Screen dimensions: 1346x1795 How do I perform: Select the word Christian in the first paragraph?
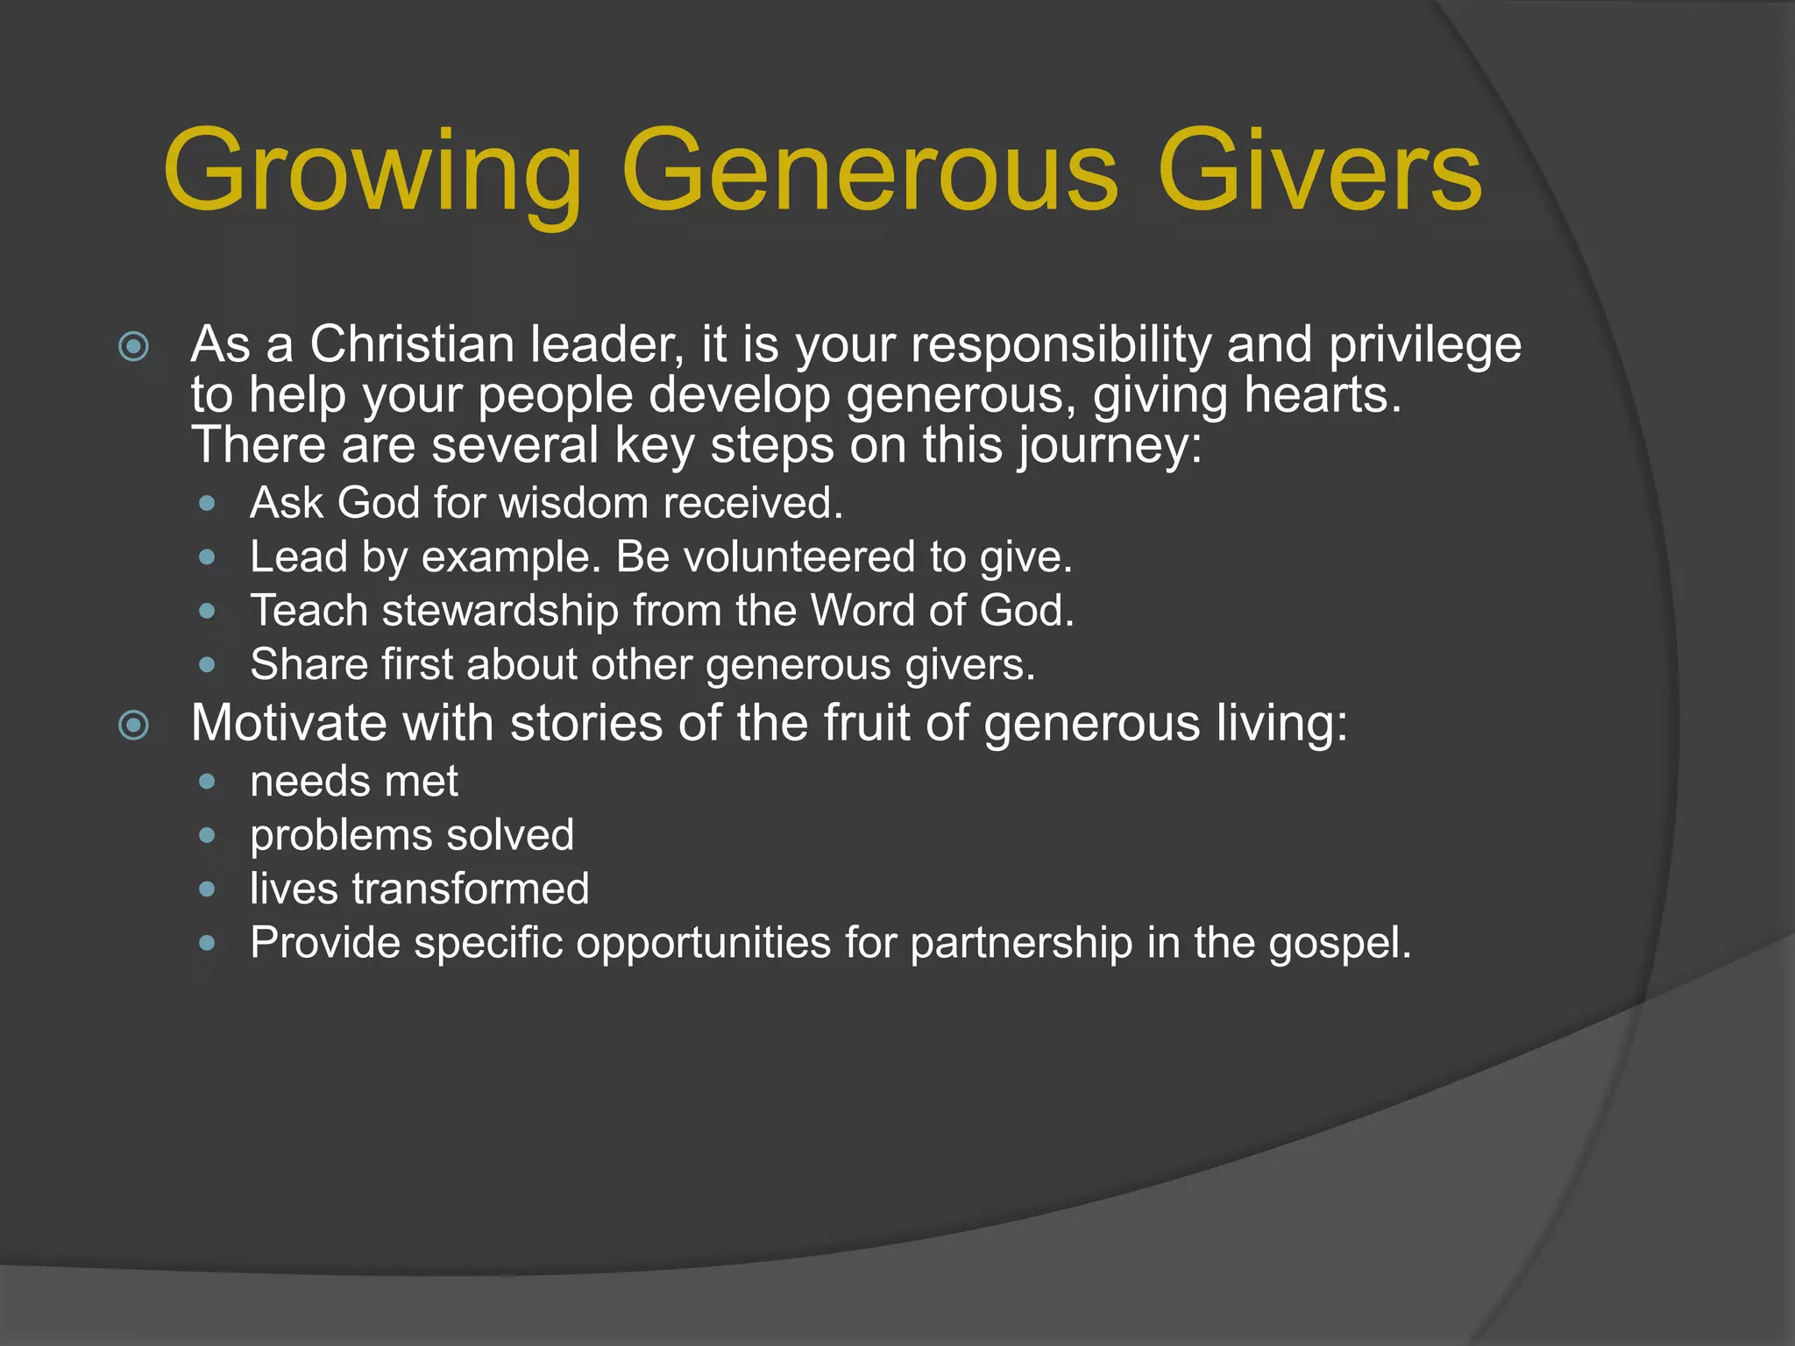[411, 344]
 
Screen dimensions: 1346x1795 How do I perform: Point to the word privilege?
[1425, 344]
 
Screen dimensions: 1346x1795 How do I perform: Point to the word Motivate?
[288, 724]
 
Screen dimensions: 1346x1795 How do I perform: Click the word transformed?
[471, 889]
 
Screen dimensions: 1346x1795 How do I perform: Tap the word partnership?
[1021, 943]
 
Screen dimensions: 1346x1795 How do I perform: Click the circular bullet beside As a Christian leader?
[133, 347]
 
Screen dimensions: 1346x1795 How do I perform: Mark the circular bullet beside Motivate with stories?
[133, 726]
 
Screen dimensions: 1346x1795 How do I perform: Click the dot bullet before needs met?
[207, 782]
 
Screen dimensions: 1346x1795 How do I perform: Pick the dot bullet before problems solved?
[207, 836]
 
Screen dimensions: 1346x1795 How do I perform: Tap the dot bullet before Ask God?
[207, 504]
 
